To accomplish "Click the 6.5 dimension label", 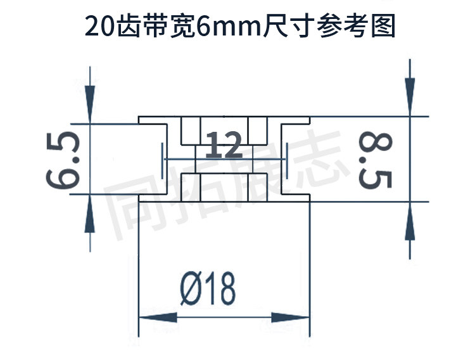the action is pyautogui.click(x=63, y=160).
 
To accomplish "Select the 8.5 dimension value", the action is pyautogui.click(x=375, y=160).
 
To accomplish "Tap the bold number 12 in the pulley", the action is pyautogui.click(x=225, y=146).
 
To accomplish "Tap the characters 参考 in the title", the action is pyautogui.click(x=343, y=27).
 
